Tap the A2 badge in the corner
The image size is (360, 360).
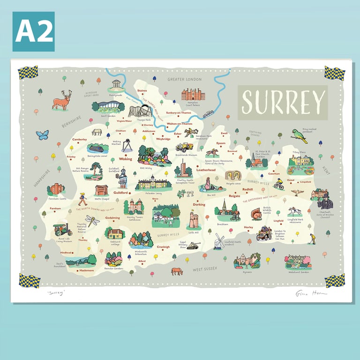33,31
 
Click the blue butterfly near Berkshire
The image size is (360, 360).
42,135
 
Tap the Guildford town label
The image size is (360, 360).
120,192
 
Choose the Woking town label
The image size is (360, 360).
126,159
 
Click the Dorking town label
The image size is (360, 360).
199,204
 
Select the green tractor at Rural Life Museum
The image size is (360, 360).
62,229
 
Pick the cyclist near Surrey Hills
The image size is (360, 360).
278,184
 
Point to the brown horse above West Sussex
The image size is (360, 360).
177,271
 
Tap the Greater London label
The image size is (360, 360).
184,80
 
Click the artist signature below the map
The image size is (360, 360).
310,293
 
